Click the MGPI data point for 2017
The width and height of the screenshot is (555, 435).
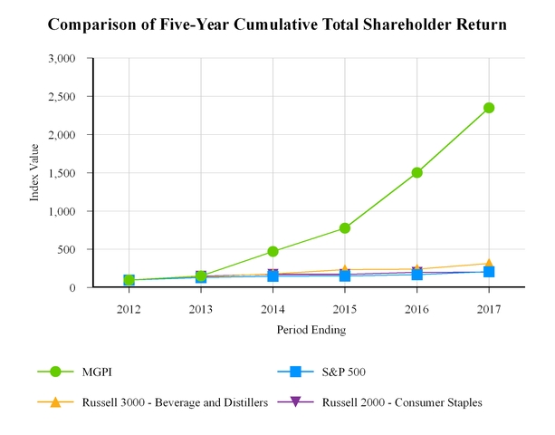pyautogui.click(x=489, y=108)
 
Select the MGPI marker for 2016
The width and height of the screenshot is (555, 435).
pyautogui.click(x=417, y=172)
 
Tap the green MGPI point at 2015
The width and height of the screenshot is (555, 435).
pyautogui.click(x=345, y=228)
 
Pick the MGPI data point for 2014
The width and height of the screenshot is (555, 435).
pyautogui.click(x=273, y=251)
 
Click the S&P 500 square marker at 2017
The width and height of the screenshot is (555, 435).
pyautogui.click(x=489, y=272)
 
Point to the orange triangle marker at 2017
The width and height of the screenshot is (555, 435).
pyautogui.click(x=489, y=264)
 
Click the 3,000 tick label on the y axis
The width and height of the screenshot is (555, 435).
pyautogui.click(x=72, y=58)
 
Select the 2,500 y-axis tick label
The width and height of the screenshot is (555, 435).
pyautogui.click(x=72, y=96)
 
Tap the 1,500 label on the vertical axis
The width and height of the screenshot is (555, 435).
pyautogui.click(x=72, y=172)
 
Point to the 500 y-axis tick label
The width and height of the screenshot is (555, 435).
pyautogui.click(x=78, y=249)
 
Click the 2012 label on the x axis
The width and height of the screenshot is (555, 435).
pyautogui.click(x=129, y=307)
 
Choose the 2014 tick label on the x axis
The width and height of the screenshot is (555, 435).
pyautogui.click(x=273, y=307)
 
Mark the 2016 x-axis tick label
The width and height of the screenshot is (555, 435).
pyautogui.click(x=417, y=307)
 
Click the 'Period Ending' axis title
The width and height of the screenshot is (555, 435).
pyautogui.click(x=311, y=330)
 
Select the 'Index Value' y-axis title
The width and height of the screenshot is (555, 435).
pyautogui.click(x=35, y=173)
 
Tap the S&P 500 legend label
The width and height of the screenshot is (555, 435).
pyautogui.click(x=343, y=372)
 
